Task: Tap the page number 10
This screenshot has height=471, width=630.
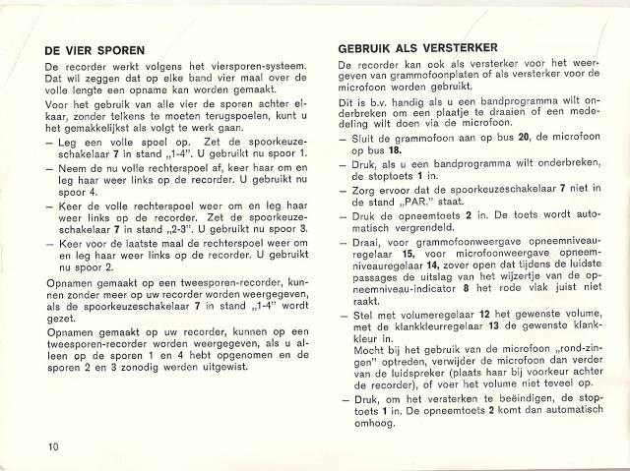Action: pyautogui.click(x=51, y=447)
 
